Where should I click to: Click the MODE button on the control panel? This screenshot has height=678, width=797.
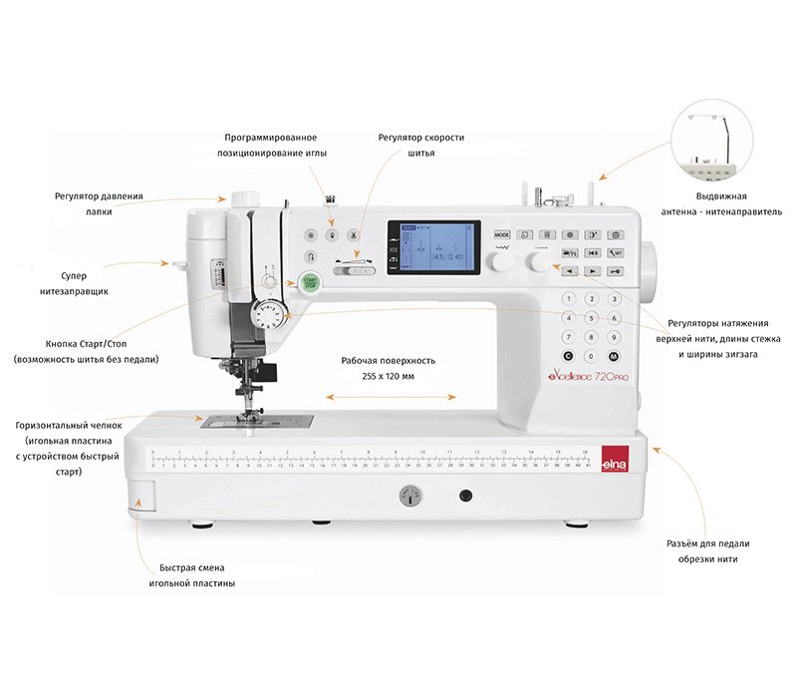point(502,234)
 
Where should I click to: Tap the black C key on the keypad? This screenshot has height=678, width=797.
point(568,356)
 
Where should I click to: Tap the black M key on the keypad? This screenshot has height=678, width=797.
point(614,356)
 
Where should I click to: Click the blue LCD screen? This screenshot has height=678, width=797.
point(433,247)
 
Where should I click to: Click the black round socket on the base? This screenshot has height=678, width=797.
point(464,496)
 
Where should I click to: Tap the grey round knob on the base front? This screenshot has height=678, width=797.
point(408,496)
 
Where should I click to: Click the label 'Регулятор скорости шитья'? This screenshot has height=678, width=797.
point(421,145)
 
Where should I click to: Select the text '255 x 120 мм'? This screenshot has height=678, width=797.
point(388,376)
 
